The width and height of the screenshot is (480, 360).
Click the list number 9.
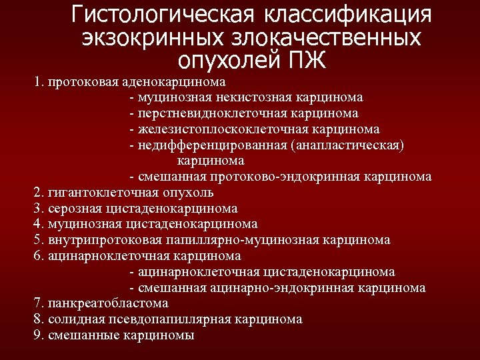pyautogui.click(x=37, y=335)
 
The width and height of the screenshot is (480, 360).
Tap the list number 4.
pyautogui.click(x=37, y=224)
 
